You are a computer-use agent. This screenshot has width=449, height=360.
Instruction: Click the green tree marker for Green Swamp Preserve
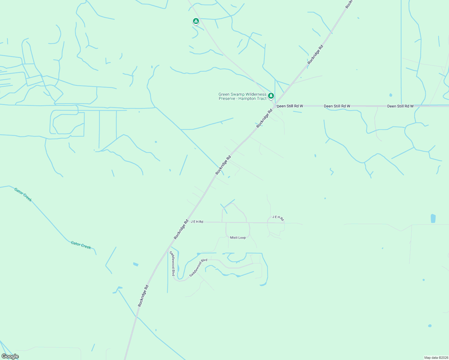pos(271,96)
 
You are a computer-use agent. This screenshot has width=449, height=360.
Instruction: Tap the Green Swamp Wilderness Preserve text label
pos(243,96)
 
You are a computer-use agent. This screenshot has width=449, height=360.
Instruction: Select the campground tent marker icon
pos(196,21)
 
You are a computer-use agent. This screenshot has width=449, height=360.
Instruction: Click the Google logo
pos(10,356)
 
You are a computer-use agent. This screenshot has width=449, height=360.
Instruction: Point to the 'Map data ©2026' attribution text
pos(436,358)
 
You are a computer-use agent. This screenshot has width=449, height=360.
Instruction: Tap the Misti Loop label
pos(238,238)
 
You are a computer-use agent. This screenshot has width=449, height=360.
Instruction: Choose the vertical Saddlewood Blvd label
pos(173,263)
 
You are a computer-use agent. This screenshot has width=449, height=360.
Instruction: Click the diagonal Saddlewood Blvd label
pos(198,268)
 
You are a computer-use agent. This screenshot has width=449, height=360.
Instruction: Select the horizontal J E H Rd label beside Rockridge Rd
pos(197,222)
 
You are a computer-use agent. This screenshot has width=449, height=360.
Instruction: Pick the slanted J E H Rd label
pos(278,218)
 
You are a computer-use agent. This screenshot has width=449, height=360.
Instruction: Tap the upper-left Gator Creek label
pos(23,194)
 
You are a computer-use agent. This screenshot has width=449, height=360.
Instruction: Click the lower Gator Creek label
pos(81,245)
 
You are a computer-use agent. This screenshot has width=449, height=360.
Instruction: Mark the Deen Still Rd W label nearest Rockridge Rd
pos(290,106)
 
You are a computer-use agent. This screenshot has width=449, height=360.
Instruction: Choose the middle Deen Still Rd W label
pos(337,106)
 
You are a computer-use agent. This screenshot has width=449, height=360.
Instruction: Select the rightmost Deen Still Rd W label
pos(400,106)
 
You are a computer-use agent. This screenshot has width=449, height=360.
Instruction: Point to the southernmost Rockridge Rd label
pos(143,296)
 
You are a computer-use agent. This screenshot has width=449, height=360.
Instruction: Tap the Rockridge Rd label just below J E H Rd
pos(181,229)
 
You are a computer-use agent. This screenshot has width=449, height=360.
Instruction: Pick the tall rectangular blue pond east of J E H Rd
pos(433,218)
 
